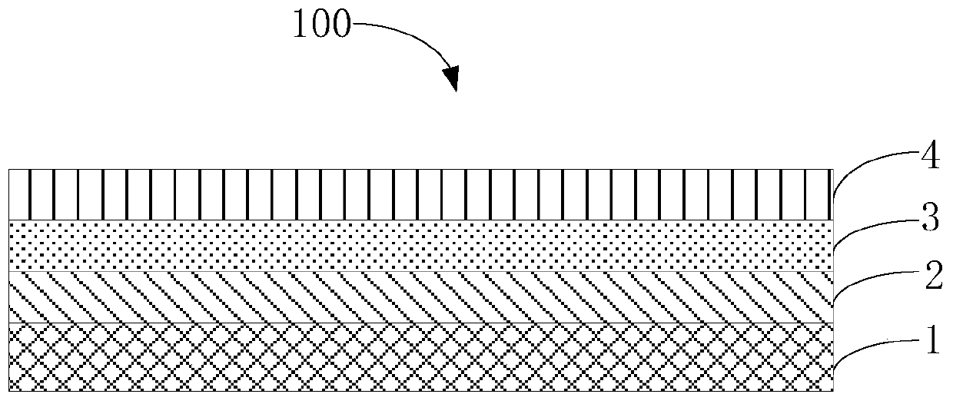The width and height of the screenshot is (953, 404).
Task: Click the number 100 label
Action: pos(320,28)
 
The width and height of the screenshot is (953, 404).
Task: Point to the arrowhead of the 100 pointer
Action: pos(451,78)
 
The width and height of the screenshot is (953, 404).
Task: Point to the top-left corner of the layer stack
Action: pos(10,170)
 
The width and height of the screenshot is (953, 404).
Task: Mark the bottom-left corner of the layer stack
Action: pos(10,392)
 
